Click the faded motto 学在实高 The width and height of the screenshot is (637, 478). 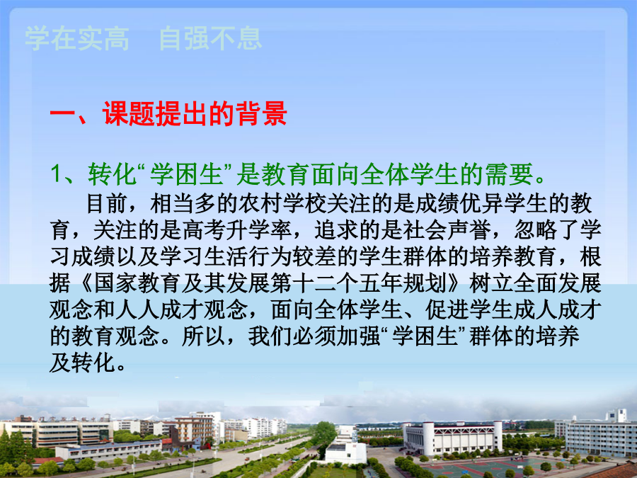point(77,39)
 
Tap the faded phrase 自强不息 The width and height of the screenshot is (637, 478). point(210,39)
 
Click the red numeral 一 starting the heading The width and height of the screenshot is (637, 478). point(62,113)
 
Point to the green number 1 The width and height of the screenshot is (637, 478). point(57,174)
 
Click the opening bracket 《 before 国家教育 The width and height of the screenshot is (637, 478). point(85,283)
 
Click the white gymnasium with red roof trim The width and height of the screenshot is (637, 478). point(452,438)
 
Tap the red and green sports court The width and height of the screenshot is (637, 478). point(488,467)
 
